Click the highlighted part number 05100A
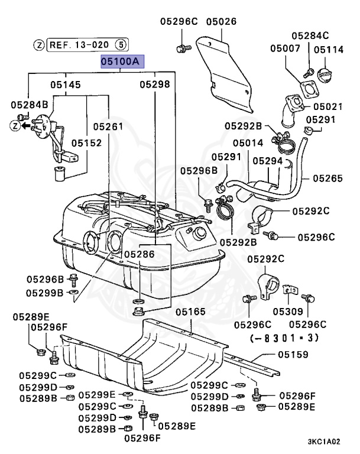pyautogui.click(x=122, y=61)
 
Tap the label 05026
pyautogui.click(x=222, y=21)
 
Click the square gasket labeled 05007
pyautogui.click(x=310, y=89)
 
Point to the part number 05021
pyautogui.click(x=328, y=106)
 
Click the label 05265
pyautogui.click(x=328, y=179)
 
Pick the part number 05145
pyautogui.click(x=66, y=85)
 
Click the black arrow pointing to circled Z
pyautogui.click(x=27, y=126)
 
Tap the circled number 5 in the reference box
pyautogui.click(x=121, y=44)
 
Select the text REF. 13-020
pyautogui.click(x=79, y=45)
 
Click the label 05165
pyautogui.click(x=190, y=312)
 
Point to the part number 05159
pyautogui.click(x=293, y=355)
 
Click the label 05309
pyautogui.click(x=288, y=312)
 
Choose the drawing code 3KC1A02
pyautogui.click(x=324, y=442)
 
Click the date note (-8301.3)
pyautogui.click(x=284, y=338)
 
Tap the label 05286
pyautogui.click(x=140, y=254)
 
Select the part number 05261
pyautogui.click(x=108, y=127)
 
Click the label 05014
pyautogui.click(x=248, y=142)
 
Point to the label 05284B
pyautogui.click(x=30, y=105)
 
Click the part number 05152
pyautogui.click(x=86, y=142)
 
